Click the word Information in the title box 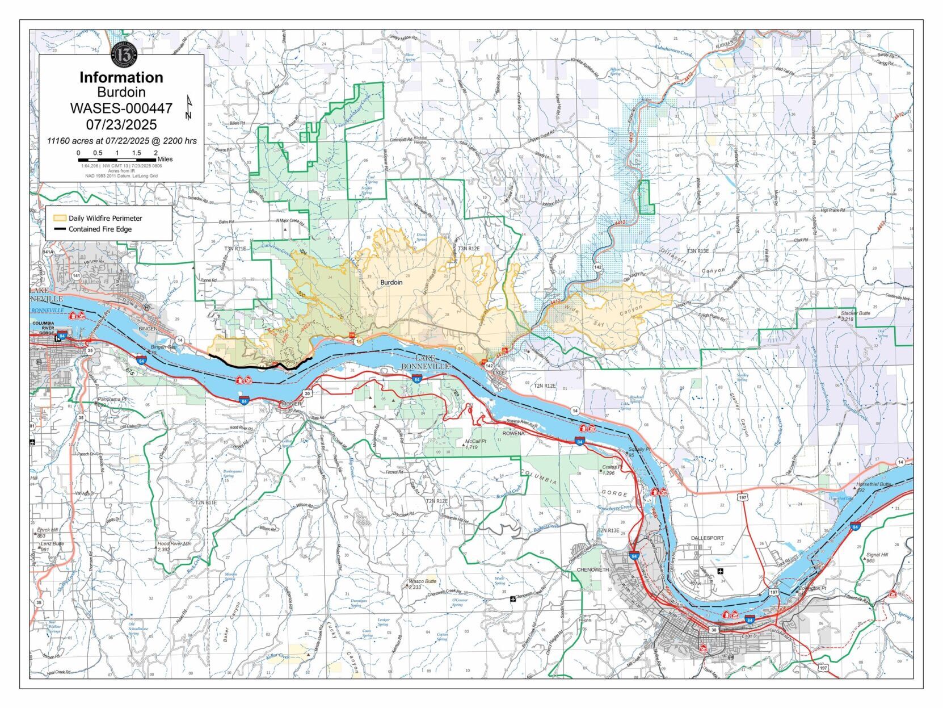click(x=121, y=77)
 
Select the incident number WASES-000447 click(x=121, y=108)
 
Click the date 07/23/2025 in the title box click(x=121, y=124)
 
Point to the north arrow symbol click(x=188, y=108)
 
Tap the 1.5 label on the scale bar click(x=136, y=153)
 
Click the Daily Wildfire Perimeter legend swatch click(x=60, y=218)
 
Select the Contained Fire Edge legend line click(x=60, y=229)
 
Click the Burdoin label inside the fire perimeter click(x=391, y=282)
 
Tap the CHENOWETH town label click(x=592, y=569)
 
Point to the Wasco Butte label click(x=422, y=582)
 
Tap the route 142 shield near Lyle click(x=489, y=366)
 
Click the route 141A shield click(x=48, y=252)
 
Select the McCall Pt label click(x=475, y=441)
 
